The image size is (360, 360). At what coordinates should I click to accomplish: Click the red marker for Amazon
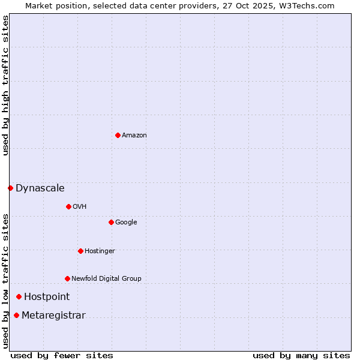click(x=118, y=135)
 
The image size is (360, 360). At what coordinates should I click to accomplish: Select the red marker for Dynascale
click(x=10, y=188)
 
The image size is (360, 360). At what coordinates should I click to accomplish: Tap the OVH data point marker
click(x=68, y=206)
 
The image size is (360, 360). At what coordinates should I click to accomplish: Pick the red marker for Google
click(x=111, y=222)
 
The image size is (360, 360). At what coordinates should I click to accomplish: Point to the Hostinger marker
click(x=80, y=251)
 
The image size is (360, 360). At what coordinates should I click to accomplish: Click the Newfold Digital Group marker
click(x=67, y=278)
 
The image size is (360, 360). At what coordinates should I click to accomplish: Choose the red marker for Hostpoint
click(x=19, y=296)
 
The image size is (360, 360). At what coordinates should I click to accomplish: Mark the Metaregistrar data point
click(x=16, y=316)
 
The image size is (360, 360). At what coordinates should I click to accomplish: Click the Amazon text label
click(x=134, y=136)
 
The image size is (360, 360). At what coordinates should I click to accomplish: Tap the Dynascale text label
click(x=40, y=188)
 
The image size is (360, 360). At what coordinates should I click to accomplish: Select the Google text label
click(x=126, y=223)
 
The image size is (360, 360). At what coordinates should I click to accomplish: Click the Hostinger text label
click(x=100, y=251)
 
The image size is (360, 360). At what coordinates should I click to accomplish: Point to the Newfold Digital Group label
click(x=106, y=279)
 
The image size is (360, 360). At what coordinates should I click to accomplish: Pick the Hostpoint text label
click(x=47, y=297)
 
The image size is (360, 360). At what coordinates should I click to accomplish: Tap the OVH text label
click(x=80, y=207)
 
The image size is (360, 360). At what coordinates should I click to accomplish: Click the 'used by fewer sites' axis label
click(x=62, y=355)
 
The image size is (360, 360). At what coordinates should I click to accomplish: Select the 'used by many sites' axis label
click(x=301, y=355)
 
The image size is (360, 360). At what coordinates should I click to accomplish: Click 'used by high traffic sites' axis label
click(x=5, y=85)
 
